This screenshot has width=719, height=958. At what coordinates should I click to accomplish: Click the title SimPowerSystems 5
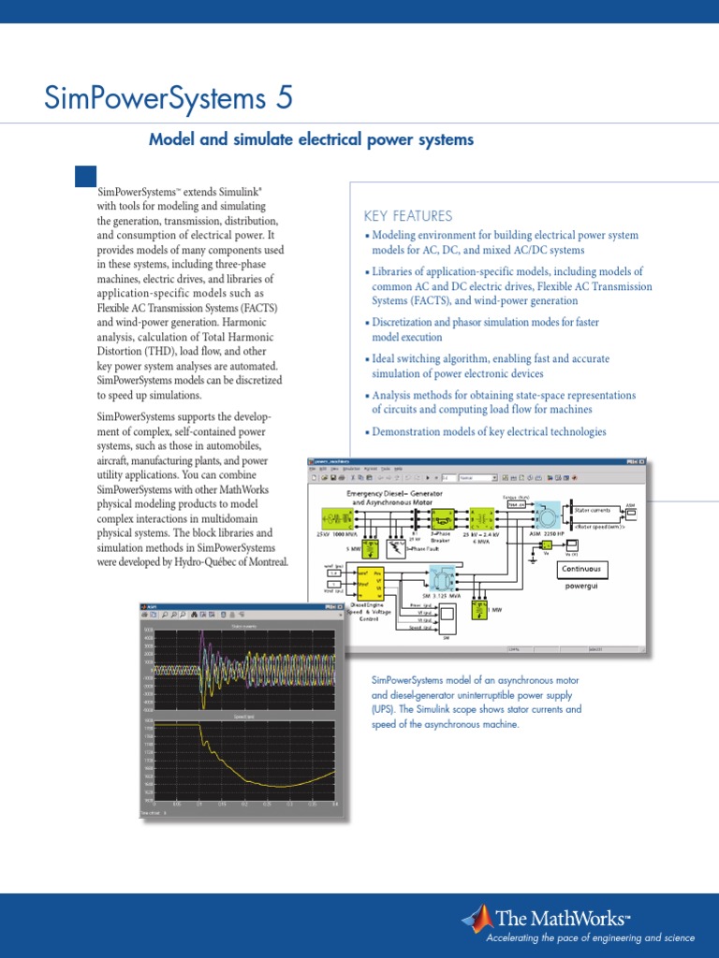[169, 97]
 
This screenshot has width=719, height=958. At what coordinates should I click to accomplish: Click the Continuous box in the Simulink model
[581, 569]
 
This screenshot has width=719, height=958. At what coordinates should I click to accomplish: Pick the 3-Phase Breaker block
[442, 517]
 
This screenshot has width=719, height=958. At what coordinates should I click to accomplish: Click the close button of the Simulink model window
[641, 461]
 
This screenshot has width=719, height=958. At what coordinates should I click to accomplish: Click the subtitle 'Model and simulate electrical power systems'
[312, 139]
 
